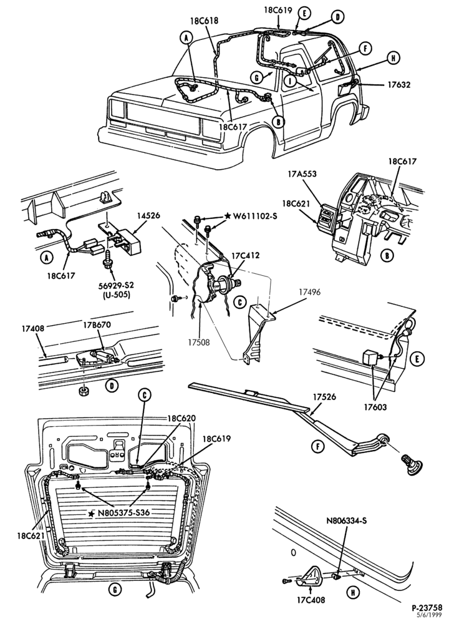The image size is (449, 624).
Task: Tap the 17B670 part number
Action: pos(97,324)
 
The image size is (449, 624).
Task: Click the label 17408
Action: pos(32,329)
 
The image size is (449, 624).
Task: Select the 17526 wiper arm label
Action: pos(324,397)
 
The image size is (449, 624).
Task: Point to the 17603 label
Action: pos(375,407)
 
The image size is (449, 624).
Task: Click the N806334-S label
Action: pos(346,520)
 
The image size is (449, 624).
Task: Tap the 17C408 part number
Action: pos(311,599)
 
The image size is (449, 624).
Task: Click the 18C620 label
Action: pos(181,419)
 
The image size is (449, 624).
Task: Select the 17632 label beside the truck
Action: pos(399,84)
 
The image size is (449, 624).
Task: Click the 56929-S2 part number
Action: pos(115,286)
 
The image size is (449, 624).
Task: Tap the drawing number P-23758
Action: pos(427,608)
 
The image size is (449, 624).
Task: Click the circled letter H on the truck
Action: pos(392,58)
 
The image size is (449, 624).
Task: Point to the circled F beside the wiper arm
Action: pos(318,447)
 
